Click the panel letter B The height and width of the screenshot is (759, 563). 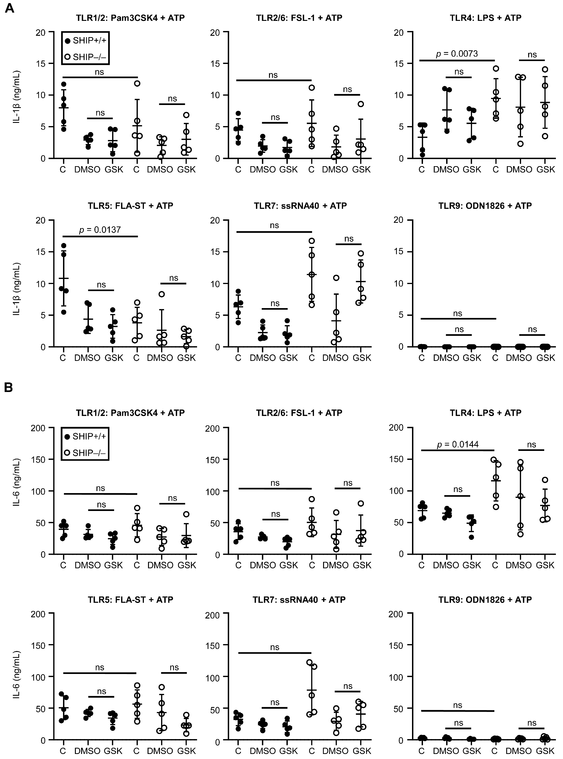(x=8, y=387)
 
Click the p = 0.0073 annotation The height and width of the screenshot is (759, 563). (x=457, y=54)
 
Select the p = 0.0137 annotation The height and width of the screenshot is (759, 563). (x=100, y=230)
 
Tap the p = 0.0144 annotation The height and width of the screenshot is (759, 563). (x=458, y=444)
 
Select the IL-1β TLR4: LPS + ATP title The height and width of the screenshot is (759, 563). (x=485, y=18)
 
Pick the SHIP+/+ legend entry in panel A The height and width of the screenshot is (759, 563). (x=85, y=41)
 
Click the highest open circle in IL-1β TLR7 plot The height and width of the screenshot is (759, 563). (x=311, y=241)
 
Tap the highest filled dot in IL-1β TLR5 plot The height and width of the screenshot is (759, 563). (x=63, y=246)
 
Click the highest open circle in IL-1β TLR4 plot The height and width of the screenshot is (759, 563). (x=496, y=69)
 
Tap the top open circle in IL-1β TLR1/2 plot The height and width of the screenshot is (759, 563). (x=137, y=83)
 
